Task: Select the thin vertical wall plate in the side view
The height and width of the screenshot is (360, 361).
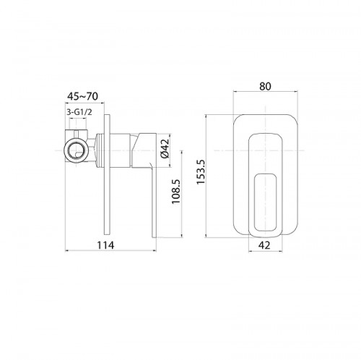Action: pyautogui.click(x=109, y=176)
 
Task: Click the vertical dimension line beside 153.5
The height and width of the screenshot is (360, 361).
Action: pyautogui.click(x=206, y=174)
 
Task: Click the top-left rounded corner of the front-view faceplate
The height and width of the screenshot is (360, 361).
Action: pyautogui.click(x=239, y=116)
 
